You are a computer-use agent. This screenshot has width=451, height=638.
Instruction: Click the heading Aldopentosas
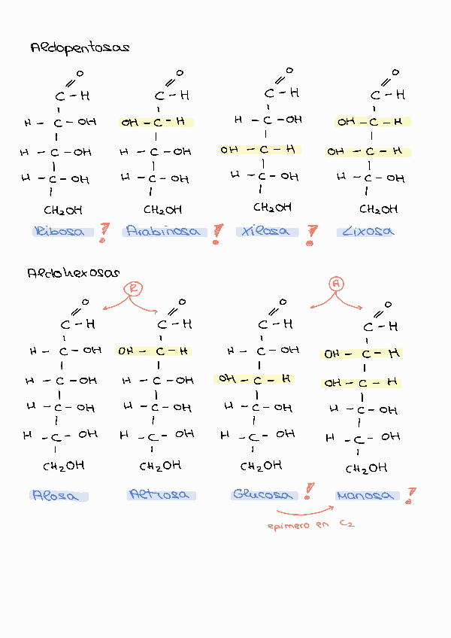(80, 47)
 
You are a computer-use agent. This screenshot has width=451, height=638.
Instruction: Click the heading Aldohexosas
(73, 273)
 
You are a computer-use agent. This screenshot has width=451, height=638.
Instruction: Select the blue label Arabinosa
(164, 232)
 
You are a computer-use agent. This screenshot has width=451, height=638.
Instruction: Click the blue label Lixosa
(368, 231)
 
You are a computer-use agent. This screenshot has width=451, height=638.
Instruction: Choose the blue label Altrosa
(162, 495)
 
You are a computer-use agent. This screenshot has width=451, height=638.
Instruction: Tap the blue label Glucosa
(264, 494)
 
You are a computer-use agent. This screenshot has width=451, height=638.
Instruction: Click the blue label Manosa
(365, 496)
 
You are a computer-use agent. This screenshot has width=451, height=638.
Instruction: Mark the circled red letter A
(336, 284)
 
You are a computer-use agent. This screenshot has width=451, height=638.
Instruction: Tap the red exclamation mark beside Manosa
(410, 495)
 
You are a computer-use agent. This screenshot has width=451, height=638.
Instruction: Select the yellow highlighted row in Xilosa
(260, 150)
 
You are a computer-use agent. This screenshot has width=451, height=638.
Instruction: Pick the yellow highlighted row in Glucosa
(253, 379)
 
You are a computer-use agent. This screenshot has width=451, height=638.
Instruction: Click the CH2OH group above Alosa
(64, 466)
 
